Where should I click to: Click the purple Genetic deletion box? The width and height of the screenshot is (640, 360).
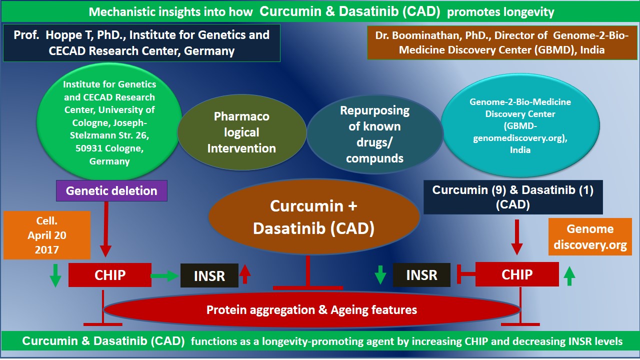tap(111, 190)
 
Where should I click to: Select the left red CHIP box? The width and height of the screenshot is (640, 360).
tap(110, 274)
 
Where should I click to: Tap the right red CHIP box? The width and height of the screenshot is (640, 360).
tap(517, 274)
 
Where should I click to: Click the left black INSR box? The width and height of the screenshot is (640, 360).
tap(209, 275)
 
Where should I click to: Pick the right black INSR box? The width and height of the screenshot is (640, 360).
tap(421, 274)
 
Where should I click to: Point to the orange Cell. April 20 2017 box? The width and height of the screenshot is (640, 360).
tap(47, 235)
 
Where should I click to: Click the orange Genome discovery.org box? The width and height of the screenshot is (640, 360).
tap(590, 237)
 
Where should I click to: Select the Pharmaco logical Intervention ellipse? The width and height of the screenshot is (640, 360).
tap(241, 132)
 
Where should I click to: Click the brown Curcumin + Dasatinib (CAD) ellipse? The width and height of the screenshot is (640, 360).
tap(313, 217)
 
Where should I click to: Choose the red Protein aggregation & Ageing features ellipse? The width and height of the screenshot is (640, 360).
tap(311, 310)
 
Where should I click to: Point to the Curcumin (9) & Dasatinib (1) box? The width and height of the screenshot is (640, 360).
tap(512, 197)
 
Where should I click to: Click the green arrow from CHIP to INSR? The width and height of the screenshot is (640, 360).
tap(165, 275)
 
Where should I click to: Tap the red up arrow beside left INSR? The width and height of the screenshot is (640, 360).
tap(245, 274)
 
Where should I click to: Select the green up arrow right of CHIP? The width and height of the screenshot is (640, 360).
tap(569, 275)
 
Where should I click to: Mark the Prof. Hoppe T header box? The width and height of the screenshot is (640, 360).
tap(141, 43)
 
